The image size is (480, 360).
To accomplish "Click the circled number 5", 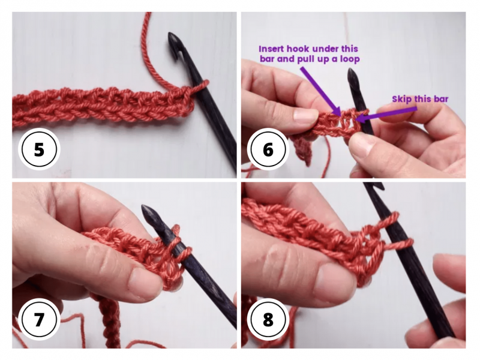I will pyautogui.click(x=39, y=149).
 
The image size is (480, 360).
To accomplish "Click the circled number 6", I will pyautogui.click(x=268, y=149).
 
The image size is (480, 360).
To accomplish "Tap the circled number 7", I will pyautogui.click(x=39, y=319).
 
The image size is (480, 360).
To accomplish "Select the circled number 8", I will pyautogui.click(x=268, y=319).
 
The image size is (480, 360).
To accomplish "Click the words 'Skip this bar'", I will pyautogui.click(x=420, y=98).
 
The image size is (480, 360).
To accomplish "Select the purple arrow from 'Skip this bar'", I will pyautogui.click(x=378, y=112).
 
